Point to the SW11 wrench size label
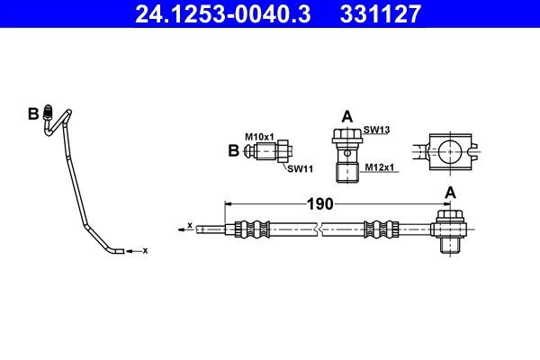pyautogui.click(x=300, y=168)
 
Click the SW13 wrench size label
pyautogui.click(x=376, y=130)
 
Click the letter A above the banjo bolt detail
pyautogui.click(x=346, y=116)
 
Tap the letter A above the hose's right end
pyautogui.click(x=449, y=193)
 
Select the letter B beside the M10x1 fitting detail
pyautogui.click(x=234, y=150)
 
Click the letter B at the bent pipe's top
pyautogui.click(x=33, y=113)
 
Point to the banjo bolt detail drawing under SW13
pyautogui.click(x=346, y=154)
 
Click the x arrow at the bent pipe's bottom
pyautogui.click(x=136, y=250)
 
